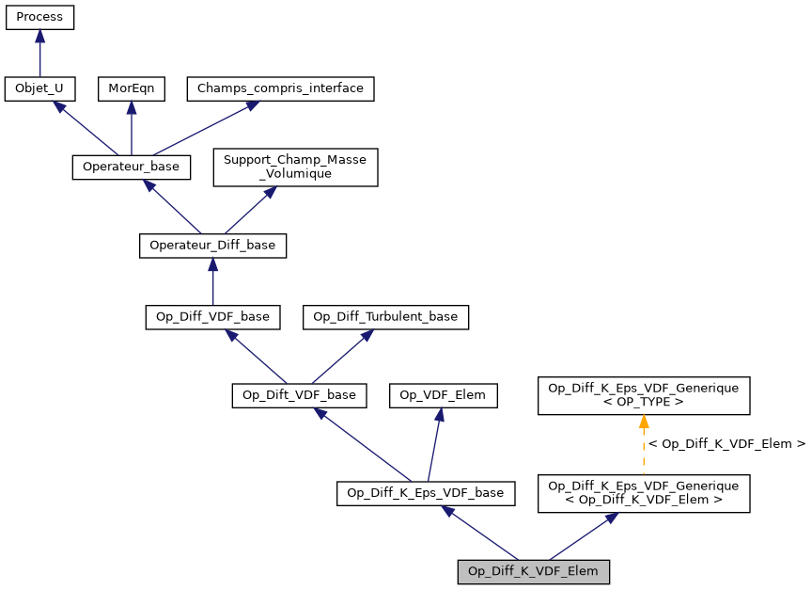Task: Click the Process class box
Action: point(39,18)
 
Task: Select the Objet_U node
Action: point(39,89)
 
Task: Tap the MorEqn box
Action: point(131,89)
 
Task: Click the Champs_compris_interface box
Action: point(281,89)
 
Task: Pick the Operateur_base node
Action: point(132,167)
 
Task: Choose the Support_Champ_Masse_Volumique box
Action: point(295,167)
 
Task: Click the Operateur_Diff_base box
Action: point(212,246)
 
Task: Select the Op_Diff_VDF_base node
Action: point(212,317)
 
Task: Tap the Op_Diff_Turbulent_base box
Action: point(385,317)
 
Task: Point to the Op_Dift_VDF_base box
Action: point(299,395)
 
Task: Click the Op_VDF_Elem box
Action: point(443,395)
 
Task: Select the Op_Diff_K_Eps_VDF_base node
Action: point(426,492)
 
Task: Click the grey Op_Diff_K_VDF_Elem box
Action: point(534,570)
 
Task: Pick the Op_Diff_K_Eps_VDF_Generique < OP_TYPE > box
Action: point(643,395)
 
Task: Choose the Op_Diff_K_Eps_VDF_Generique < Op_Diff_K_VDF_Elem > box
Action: point(643,492)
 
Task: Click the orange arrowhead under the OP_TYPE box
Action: point(643,423)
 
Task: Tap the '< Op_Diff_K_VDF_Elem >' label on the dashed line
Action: point(726,442)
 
